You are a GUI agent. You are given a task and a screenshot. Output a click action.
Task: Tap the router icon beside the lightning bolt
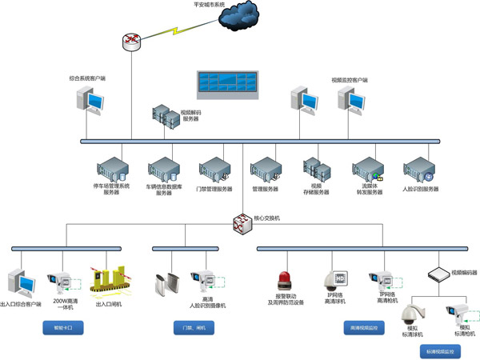coord(133,42)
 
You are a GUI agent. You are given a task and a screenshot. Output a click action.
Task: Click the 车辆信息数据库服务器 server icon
coord(160,168)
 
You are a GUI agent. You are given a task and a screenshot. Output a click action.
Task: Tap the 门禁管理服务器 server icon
coord(213,168)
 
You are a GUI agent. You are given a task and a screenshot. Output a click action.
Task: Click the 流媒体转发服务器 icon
coord(366,168)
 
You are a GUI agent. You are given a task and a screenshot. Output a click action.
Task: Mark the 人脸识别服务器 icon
coord(418,168)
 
